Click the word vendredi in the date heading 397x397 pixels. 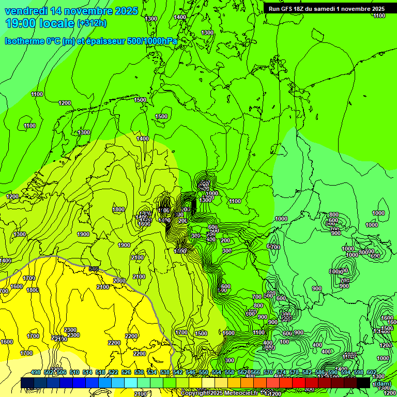point(27,11)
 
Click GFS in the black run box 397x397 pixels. point(287,9)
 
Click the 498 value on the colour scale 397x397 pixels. point(36,373)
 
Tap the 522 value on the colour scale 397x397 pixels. point(113,373)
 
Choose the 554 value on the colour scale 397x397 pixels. point(217,373)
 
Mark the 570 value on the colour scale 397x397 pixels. point(268,373)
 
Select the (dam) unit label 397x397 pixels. point(382,384)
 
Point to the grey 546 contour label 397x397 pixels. point(94,269)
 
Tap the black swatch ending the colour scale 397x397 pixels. point(363,383)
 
